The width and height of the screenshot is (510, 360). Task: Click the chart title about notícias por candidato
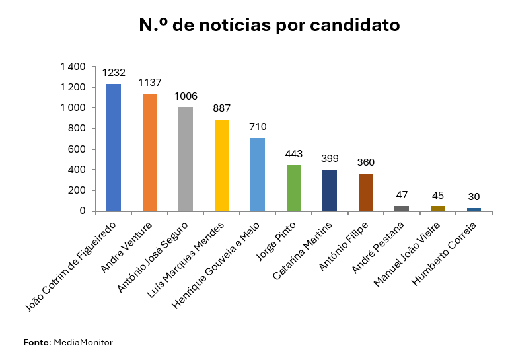(x=270, y=26)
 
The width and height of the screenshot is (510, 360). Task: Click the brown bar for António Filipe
(x=365, y=192)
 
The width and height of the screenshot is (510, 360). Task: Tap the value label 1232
(x=114, y=73)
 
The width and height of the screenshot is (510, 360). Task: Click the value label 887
(x=221, y=108)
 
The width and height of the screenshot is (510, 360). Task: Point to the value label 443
(x=293, y=154)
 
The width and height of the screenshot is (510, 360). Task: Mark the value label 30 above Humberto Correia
(x=473, y=197)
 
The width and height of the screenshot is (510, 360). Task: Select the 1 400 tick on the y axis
(x=73, y=67)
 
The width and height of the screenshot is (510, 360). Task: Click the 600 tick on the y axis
(x=77, y=149)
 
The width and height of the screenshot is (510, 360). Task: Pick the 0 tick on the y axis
(x=83, y=211)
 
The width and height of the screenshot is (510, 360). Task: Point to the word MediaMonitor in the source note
(x=83, y=342)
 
